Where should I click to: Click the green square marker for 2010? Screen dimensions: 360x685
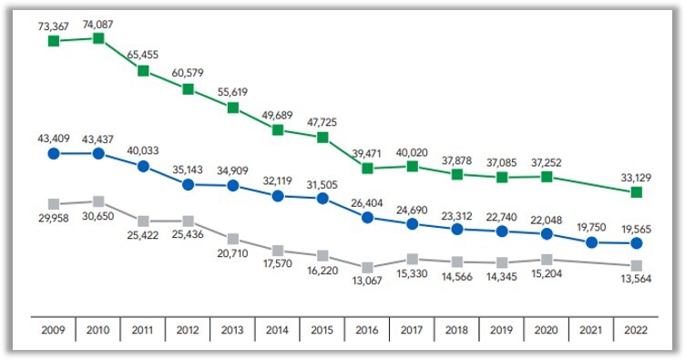98,38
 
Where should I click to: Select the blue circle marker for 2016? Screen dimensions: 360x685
368,218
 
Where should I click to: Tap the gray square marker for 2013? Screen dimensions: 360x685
233,240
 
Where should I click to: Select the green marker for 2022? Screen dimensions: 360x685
637,192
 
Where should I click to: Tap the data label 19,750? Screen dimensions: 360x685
592,223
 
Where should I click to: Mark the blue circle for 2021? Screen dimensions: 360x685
592,242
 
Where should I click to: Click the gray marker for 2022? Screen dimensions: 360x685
637,265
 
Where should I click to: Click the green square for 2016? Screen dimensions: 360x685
368,169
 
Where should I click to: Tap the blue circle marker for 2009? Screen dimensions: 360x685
54,154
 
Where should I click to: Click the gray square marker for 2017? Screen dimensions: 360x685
413,259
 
